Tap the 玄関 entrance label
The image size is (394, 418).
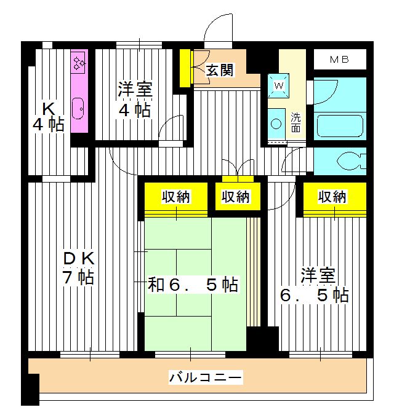220,70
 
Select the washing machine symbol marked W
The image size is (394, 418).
278,85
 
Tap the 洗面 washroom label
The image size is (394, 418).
297,123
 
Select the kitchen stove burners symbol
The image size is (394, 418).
79,62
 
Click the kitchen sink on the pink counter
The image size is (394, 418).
79,110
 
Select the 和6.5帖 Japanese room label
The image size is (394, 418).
193,285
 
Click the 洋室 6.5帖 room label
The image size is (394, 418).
315,285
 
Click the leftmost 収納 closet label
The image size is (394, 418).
176,197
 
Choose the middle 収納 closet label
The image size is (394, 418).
236,197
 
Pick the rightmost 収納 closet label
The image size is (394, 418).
332,197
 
